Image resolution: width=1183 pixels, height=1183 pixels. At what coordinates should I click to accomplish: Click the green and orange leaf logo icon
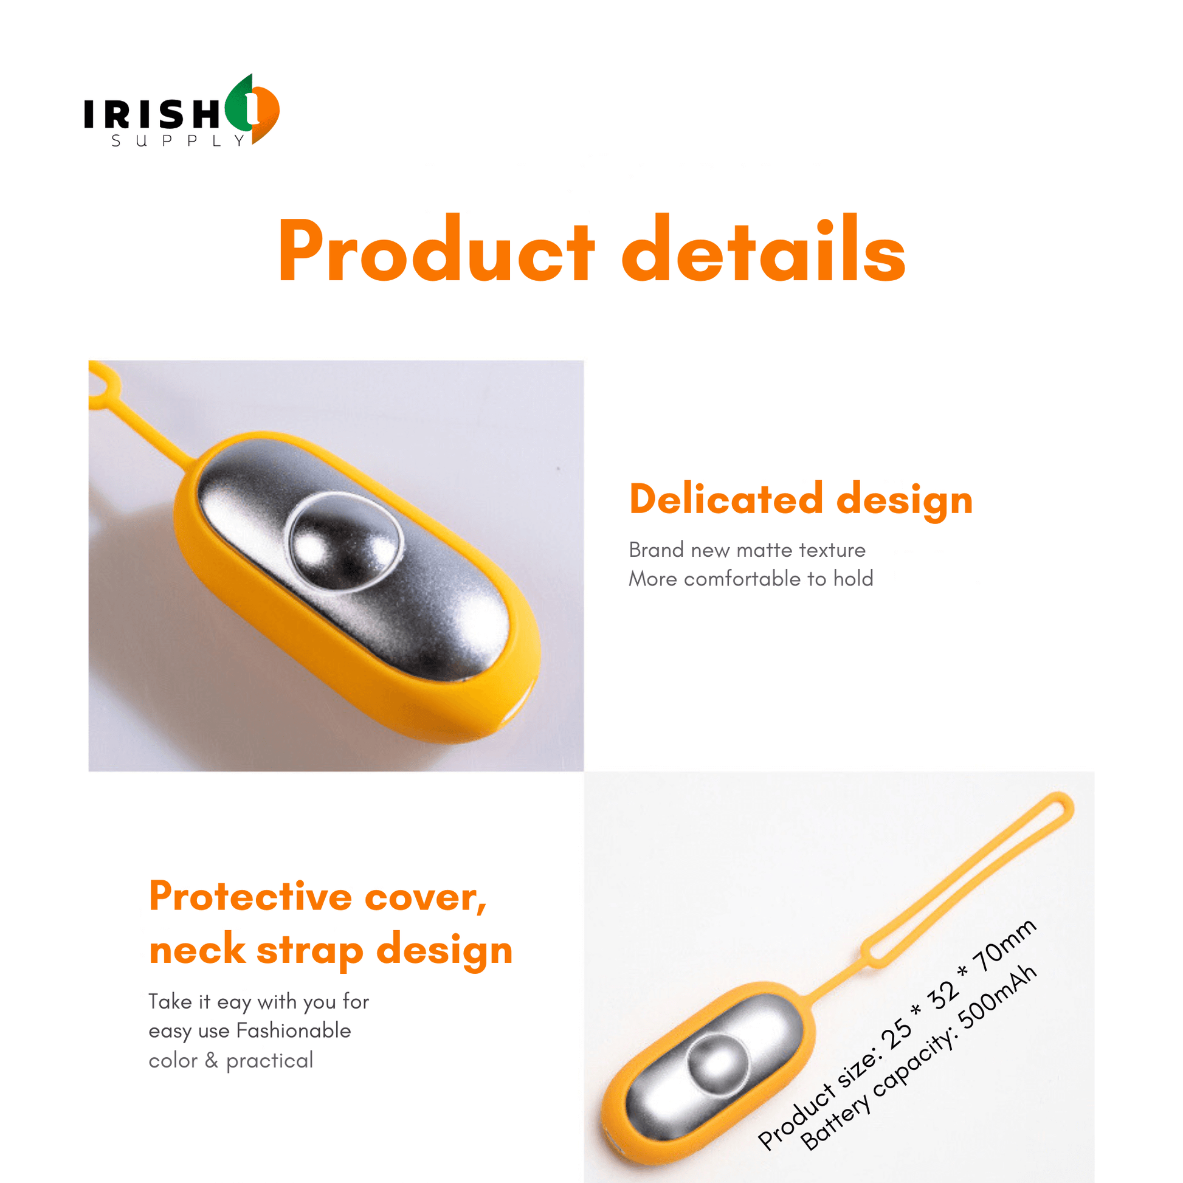pos(252,109)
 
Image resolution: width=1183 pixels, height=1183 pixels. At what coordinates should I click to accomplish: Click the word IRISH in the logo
pos(152,114)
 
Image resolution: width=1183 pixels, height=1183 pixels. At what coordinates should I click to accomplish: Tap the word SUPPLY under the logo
pos(178,141)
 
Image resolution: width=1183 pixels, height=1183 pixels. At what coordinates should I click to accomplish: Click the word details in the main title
pos(764,249)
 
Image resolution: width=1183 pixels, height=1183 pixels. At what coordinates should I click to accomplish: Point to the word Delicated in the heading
pos(726,499)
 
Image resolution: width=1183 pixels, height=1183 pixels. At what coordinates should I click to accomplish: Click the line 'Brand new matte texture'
pos(747,550)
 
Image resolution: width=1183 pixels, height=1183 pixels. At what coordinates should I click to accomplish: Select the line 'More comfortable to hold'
pos(751,579)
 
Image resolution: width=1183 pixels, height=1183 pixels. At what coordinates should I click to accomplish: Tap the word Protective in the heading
pos(250,897)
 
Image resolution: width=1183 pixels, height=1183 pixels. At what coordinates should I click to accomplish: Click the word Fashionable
pos(293,1030)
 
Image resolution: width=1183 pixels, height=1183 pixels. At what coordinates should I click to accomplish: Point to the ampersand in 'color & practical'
pos(212,1061)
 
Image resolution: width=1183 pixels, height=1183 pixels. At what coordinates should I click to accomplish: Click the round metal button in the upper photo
pos(345,542)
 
